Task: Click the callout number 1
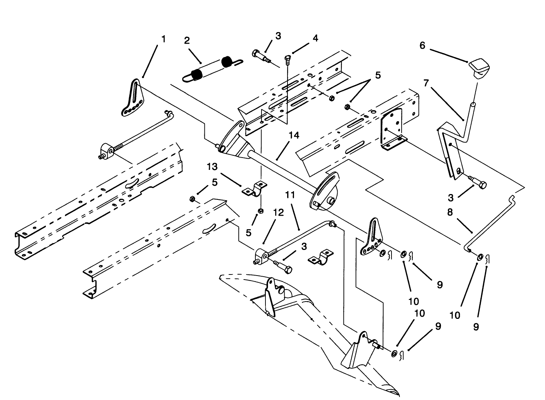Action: tap(163, 39)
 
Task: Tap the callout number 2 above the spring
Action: tap(187, 40)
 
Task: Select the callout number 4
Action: tap(315, 38)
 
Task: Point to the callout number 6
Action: tap(422, 45)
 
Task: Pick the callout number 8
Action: tap(450, 212)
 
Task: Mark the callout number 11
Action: tap(290, 195)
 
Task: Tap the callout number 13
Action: tap(213, 167)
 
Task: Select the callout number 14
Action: tap(294, 135)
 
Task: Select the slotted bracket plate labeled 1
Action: tap(132, 98)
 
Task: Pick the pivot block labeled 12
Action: tap(262, 257)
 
